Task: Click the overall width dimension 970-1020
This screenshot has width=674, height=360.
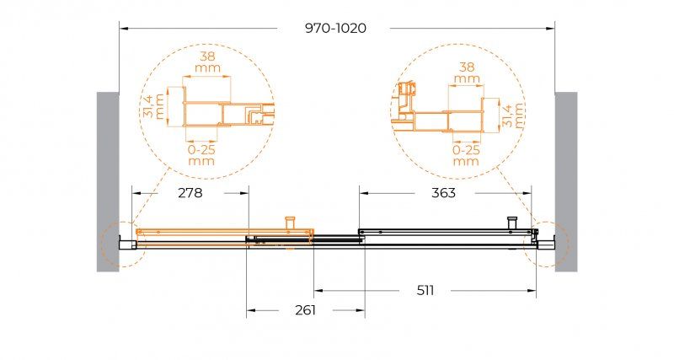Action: [335, 28]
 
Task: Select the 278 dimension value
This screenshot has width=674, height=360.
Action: [190, 193]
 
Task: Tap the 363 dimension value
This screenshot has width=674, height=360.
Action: [443, 193]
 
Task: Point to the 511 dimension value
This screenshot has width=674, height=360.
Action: [425, 291]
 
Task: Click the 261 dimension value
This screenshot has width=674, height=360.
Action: [305, 309]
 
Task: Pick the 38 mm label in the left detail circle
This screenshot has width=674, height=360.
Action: [207, 62]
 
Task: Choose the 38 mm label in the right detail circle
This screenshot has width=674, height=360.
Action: [467, 73]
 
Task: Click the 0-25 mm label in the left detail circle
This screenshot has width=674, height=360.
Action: [201, 155]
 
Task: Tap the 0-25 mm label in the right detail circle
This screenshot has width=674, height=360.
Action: [466, 155]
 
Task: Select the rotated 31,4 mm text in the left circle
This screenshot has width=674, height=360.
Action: [153, 106]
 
